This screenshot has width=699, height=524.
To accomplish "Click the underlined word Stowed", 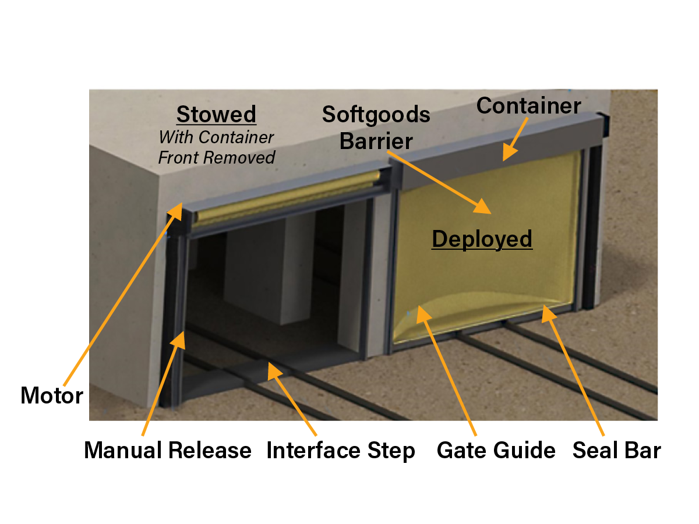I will click(x=216, y=115).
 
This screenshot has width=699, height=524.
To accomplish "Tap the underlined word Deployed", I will click(x=482, y=239).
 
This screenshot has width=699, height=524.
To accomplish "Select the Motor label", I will click(x=51, y=396).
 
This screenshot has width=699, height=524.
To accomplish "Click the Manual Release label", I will click(x=168, y=450).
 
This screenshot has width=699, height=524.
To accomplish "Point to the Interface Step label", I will click(x=341, y=450).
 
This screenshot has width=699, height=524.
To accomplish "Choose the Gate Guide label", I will click(x=496, y=450).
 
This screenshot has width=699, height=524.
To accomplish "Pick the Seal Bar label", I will click(x=616, y=450).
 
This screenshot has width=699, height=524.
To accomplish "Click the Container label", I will click(x=528, y=106).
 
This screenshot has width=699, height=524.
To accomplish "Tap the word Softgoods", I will click(x=376, y=114).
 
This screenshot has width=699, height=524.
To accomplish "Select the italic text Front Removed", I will click(x=217, y=157).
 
